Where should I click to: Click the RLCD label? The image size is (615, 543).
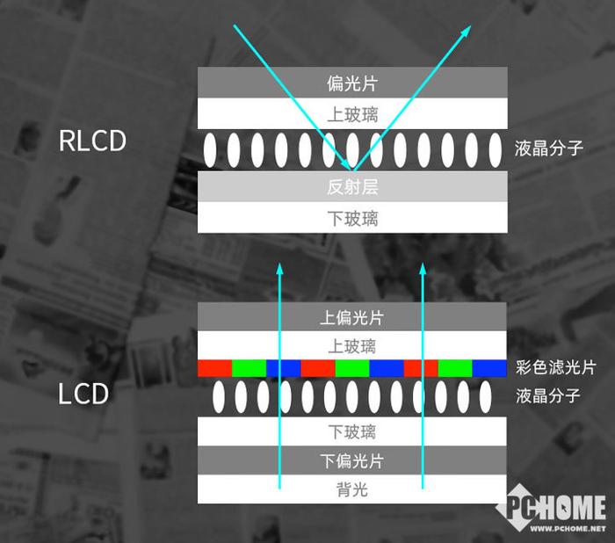click(92, 141)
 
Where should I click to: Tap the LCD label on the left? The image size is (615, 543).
click(83, 394)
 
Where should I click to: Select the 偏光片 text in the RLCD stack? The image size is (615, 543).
click(352, 83)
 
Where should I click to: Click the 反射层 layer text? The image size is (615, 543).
click(352, 187)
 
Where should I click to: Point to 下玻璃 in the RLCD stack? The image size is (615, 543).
click(352, 219)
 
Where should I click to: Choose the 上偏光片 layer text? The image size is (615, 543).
click(351, 317)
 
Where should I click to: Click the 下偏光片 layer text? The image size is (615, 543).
click(351, 460)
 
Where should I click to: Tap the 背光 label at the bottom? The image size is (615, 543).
click(351, 489)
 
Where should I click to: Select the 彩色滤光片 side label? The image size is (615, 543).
click(556, 367)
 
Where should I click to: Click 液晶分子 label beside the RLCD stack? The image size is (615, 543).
click(549, 148)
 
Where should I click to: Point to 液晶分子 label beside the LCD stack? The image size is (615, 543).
click(548, 395)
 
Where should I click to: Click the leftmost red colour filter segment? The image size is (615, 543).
click(214, 368)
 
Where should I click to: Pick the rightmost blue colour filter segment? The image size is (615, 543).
click(489, 368)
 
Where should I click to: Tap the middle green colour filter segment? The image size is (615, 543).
click(352, 368)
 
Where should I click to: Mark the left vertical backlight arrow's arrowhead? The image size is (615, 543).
click(279, 269)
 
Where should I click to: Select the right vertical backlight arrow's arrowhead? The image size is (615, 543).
click(423, 269)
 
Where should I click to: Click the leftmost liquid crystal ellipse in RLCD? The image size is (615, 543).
click(210, 150)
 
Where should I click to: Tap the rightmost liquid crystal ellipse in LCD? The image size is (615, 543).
click(486, 396)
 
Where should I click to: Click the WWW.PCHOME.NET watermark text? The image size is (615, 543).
click(568, 529)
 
